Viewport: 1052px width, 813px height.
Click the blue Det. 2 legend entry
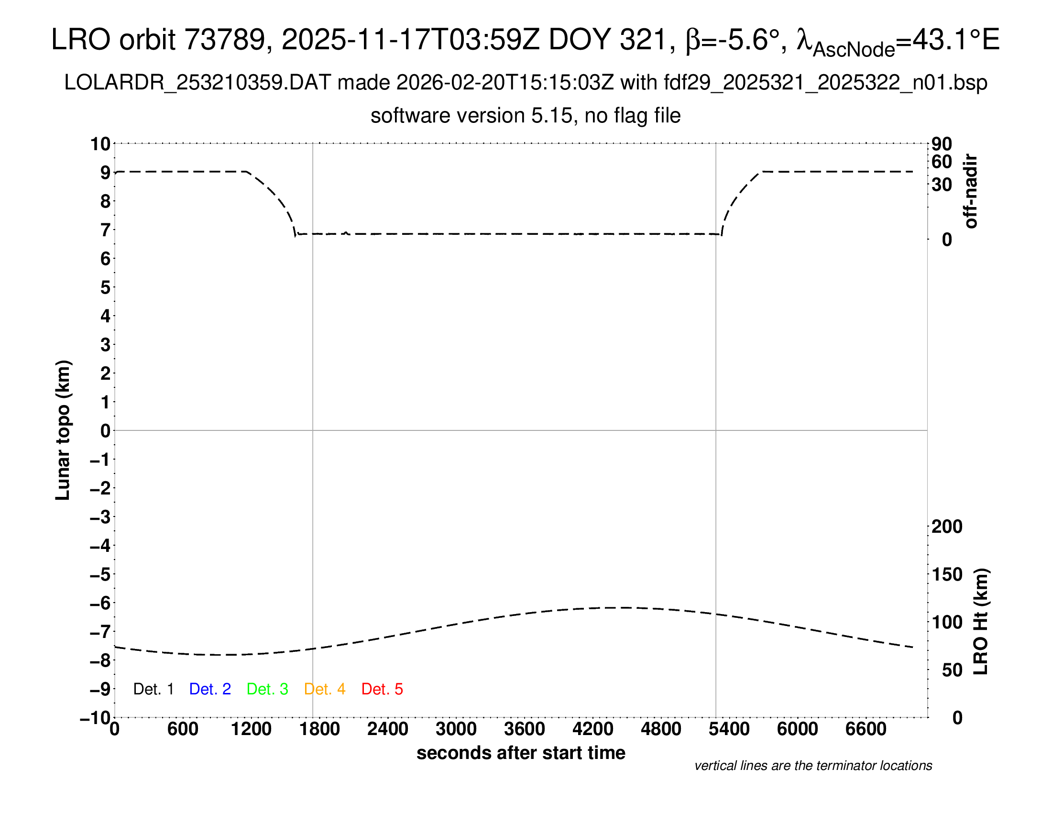click(x=210, y=689)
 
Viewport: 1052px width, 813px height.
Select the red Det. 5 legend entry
click(x=382, y=689)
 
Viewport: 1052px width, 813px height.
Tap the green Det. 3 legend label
click(x=267, y=689)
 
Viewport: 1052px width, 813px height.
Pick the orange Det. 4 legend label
click(x=325, y=689)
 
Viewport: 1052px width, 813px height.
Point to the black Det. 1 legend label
click(x=153, y=689)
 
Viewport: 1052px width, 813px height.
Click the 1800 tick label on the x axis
click(x=319, y=729)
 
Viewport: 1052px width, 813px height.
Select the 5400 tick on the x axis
click(x=729, y=729)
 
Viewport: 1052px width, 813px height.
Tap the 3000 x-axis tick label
click(x=456, y=729)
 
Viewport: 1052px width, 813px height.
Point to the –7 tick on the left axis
click(x=100, y=631)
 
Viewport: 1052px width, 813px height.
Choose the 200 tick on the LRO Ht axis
click(x=947, y=527)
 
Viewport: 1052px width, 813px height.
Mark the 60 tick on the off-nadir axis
click(x=942, y=162)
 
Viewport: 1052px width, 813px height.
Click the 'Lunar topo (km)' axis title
click(x=63, y=430)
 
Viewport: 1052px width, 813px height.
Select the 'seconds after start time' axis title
click(x=521, y=753)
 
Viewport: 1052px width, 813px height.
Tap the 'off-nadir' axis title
click(x=971, y=191)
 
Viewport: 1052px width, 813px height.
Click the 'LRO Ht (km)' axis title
click(x=981, y=622)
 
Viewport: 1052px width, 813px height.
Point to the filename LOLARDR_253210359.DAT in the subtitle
click(x=197, y=83)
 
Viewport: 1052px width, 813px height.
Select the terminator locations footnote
click(x=813, y=766)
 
